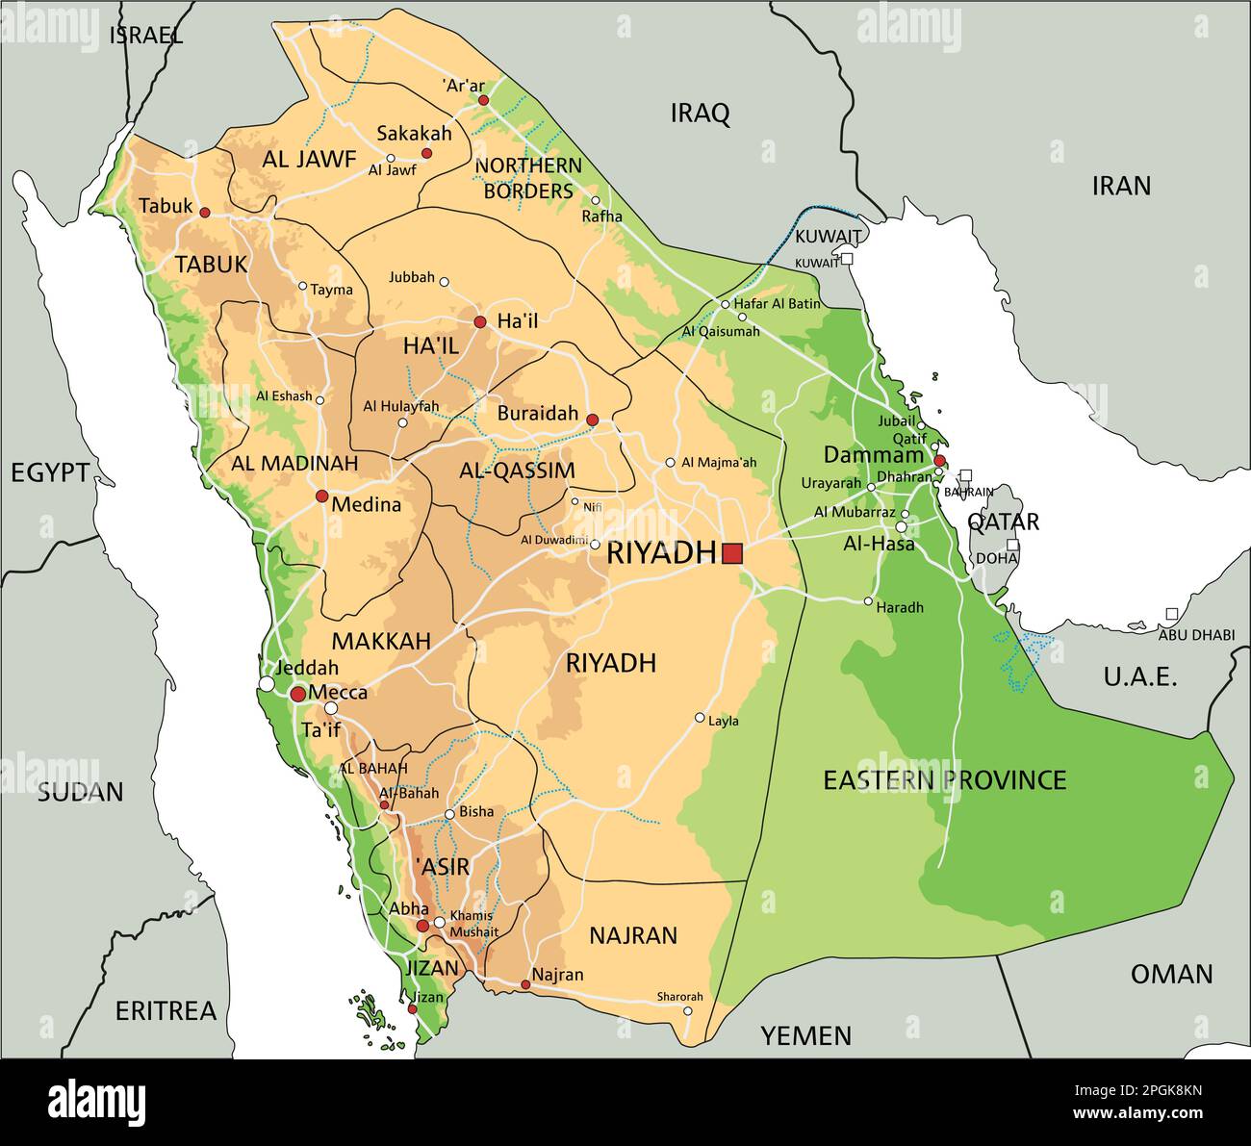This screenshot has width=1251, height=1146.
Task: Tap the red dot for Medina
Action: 321,497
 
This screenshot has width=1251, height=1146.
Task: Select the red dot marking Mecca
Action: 298,694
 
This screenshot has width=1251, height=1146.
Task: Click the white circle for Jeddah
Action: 266,683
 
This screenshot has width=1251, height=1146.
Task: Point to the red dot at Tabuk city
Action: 204,212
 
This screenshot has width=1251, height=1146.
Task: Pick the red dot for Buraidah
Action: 592,420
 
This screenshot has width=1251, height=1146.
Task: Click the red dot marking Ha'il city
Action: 479,321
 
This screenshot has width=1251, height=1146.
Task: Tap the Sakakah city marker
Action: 426,153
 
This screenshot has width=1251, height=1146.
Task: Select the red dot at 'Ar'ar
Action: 483,100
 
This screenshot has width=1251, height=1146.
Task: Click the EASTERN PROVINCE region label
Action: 944,779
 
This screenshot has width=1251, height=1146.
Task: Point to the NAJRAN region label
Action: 632,934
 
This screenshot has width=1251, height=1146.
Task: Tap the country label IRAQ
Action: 700,114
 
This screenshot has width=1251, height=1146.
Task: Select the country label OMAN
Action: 1171,974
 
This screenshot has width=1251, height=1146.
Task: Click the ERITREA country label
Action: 166,1010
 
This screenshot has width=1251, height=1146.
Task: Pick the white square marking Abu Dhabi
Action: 1171,614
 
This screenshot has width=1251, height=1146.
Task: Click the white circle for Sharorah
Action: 687,1011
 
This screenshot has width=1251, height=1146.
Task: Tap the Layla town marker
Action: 700,718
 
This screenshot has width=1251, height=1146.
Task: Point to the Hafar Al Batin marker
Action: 726,305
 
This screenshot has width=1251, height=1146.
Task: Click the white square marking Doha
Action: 1012,545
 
